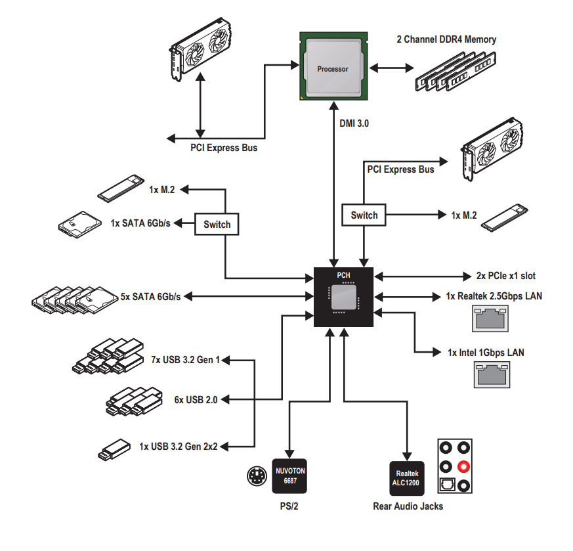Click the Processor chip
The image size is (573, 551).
333,68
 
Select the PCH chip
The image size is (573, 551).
343,297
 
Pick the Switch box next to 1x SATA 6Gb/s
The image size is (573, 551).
217,225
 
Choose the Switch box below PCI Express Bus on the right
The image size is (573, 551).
364,215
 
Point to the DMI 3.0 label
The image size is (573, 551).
354,122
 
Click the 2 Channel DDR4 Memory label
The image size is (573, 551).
446,39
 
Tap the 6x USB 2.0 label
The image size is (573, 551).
196,399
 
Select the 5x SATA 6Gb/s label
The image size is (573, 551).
151,297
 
